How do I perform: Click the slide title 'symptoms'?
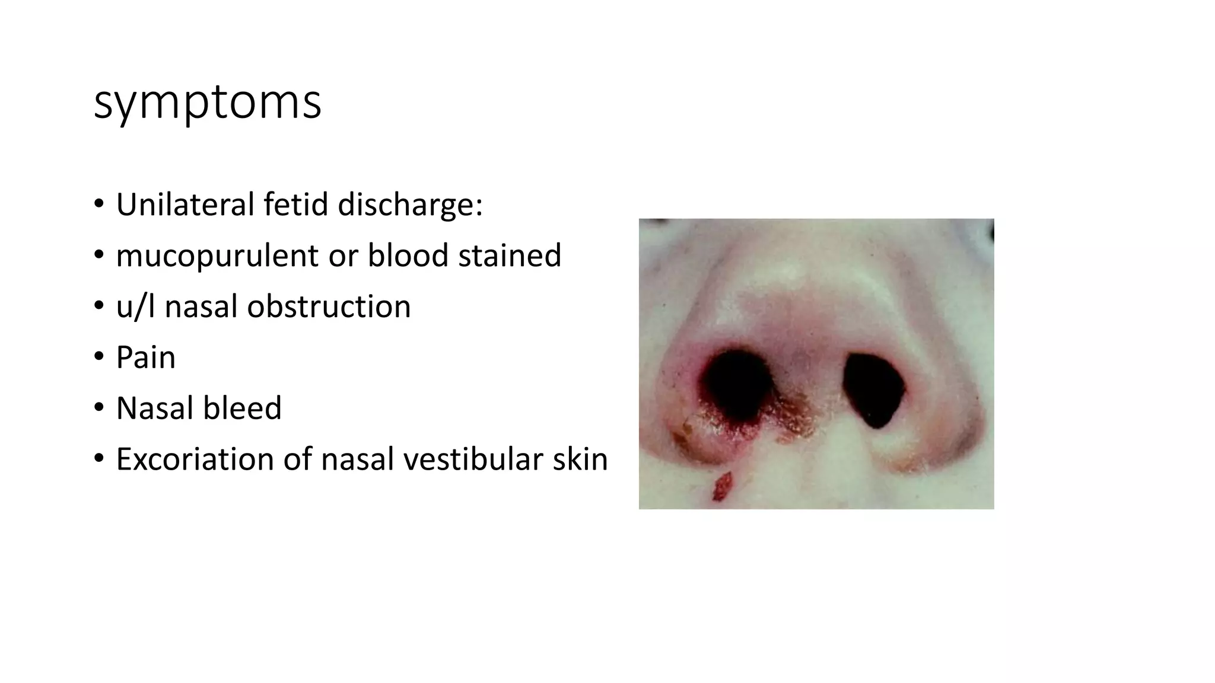[207, 103]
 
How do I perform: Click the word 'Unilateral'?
[185, 205]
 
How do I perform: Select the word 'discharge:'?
[410, 205]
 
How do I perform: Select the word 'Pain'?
[146, 358]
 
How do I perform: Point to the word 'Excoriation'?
[194, 459]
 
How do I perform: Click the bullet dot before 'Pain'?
[98, 358]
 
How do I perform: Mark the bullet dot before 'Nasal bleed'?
[98, 408]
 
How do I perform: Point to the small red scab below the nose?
[723, 486]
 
